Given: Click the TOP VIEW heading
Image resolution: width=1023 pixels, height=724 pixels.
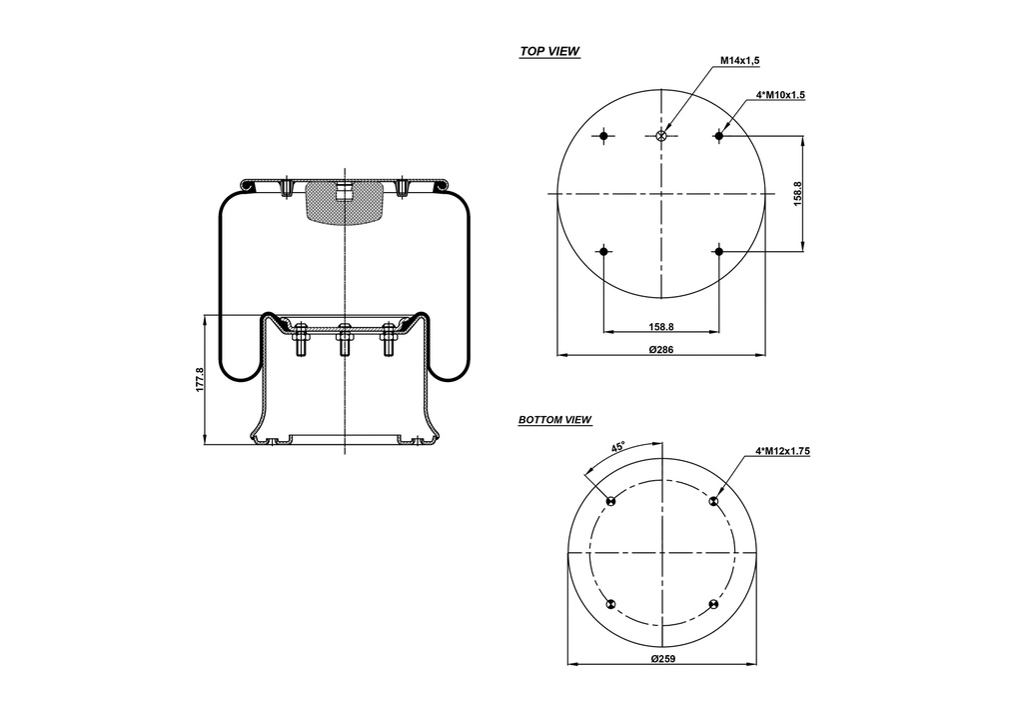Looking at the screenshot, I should pyautogui.click(x=549, y=51).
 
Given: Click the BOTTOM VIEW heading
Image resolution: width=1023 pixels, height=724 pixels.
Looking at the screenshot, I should pyautogui.click(x=554, y=420).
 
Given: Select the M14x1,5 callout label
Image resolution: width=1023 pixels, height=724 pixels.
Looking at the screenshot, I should pyautogui.click(x=739, y=61).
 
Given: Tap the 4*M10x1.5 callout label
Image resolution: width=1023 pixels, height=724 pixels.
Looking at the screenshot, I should pyautogui.click(x=780, y=95).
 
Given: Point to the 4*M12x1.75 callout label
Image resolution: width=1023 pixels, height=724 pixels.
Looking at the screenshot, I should pyautogui.click(x=782, y=451).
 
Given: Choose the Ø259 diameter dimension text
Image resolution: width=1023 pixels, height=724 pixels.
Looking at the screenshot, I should pyautogui.click(x=662, y=659).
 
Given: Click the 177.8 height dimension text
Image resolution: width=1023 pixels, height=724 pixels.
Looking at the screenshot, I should pyautogui.click(x=200, y=379).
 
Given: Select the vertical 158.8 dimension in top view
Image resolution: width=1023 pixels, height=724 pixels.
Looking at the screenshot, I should pyautogui.click(x=797, y=193).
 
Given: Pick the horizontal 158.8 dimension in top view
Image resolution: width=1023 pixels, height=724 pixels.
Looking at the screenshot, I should pyautogui.click(x=661, y=326).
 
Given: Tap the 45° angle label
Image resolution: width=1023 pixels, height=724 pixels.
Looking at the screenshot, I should pyautogui.click(x=618, y=447).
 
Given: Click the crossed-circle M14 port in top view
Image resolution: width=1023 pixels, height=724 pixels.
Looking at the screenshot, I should pyautogui.click(x=661, y=136).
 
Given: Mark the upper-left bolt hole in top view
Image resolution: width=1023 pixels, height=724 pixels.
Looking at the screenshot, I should pyautogui.click(x=604, y=136).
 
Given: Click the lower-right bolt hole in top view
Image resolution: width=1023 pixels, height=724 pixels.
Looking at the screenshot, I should pyautogui.click(x=718, y=251).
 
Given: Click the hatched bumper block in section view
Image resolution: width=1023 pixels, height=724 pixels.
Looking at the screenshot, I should pyautogui.click(x=343, y=204).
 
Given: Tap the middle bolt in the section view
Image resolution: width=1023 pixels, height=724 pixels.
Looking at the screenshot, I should pyautogui.click(x=343, y=342).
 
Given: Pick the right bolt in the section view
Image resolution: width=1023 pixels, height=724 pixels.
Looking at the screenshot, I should pyautogui.click(x=388, y=342).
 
